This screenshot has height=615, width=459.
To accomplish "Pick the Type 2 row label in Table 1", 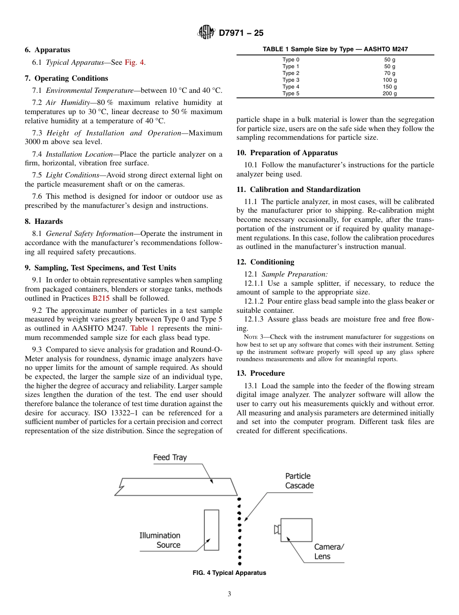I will pos(291,73).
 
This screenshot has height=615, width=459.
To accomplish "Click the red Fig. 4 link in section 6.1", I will pos(135,62).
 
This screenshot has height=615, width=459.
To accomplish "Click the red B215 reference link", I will pos(101,298).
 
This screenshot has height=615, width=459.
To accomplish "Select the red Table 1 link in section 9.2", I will pos(143,328).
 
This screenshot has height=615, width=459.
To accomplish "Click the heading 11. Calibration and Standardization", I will pos(298,190).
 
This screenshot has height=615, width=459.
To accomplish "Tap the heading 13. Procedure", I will pos(260,373).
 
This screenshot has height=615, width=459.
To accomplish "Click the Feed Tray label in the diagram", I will pos(170,457).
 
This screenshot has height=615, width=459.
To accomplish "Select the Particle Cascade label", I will pos(299,481).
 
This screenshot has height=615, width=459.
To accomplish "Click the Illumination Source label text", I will pos(160,540).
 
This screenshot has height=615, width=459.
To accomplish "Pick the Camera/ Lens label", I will pos(329,552).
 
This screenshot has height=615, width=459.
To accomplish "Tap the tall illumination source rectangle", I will pos(211,530).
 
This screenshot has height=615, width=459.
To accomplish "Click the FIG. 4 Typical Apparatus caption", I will pos(229,573).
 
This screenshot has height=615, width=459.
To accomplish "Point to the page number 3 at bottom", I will pos(229,594).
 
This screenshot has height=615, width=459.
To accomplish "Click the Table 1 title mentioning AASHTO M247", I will pos(335,49).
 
